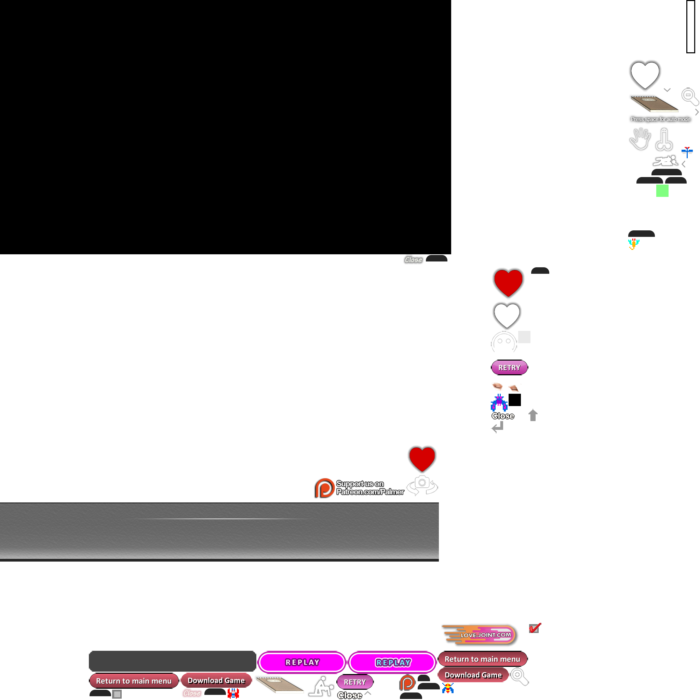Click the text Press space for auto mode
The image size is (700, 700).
(x=660, y=119)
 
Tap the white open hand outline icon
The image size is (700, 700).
(x=640, y=139)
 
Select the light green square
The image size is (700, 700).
(x=662, y=191)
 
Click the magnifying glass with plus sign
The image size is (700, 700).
(x=519, y=676)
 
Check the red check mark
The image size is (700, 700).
(x=535, y=628)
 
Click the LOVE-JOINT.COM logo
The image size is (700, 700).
(x=480, y=635)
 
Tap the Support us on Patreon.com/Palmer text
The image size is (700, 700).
(x=369, y=488)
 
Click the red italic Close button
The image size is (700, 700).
(x=192, y=693)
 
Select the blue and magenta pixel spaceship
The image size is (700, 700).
(x=499, y=402)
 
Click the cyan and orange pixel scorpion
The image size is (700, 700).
(x=633, y=244)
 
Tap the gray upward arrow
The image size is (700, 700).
(x=533, y=415)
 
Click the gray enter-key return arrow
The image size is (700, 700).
(x=497, y=428)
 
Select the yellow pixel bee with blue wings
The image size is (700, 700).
(x=448, y=687)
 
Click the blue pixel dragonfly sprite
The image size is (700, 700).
(x=687, y=152)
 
